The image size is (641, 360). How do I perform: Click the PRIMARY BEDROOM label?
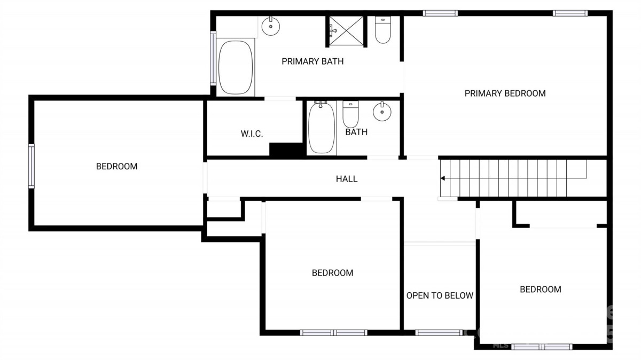coord(505,93)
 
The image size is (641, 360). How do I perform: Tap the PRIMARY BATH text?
coord(312,61)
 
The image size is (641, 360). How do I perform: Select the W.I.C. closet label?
coord(252,134)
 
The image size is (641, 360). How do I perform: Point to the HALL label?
coord(347,179)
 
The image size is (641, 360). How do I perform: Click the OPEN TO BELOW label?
coord(440,295)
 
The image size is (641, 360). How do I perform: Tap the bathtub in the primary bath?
coord(236,67)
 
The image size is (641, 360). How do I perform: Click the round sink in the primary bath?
coord(271,26)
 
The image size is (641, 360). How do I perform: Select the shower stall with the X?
coord(346,30)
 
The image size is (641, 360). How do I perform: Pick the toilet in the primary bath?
coord(383,30)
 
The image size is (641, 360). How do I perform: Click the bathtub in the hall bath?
coord(322,128)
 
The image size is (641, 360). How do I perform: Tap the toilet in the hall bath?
coord(350,114)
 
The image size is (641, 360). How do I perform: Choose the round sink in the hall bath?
coord(382,112)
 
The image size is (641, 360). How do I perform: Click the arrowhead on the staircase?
coord(443,178)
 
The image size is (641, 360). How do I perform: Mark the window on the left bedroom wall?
coord(31,166)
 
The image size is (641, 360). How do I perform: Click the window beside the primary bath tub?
coord(213,58)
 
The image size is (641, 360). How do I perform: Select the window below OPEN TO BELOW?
coord(439,333)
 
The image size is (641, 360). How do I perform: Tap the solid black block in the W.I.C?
coord(286,150)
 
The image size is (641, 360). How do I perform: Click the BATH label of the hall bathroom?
coord(356,132)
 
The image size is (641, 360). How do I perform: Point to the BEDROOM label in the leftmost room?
coord(117,166)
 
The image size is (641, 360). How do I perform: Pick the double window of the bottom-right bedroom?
coord(542,347)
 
